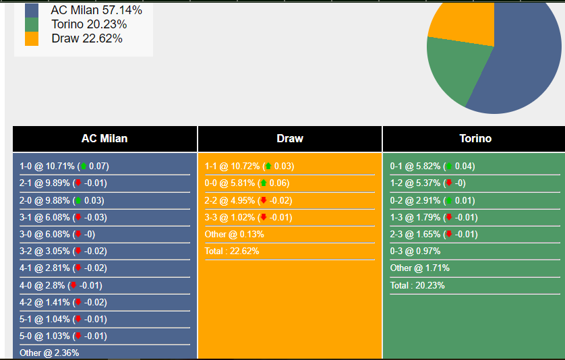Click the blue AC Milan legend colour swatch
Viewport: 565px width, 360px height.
click(32, 10)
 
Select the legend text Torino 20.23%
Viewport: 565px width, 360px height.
click(89, 24)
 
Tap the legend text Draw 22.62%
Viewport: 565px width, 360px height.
click(87, 38)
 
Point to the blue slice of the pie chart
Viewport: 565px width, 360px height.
click(523, 61)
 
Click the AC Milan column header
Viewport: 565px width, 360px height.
click(105, 139)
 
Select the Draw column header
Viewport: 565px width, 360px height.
click(290, 139)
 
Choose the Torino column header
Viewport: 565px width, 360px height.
click(475, 139)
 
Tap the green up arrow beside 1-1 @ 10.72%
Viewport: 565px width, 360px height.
click(268, 166)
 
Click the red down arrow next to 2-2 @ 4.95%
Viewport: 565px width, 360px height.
click(263, 200)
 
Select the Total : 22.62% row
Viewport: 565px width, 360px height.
click(232, 251)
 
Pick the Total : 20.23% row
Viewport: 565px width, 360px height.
click(418, 285)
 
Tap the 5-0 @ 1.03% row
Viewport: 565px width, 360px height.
click(63, 336)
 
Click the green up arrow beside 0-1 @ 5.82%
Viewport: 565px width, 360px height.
click(448, 166)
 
